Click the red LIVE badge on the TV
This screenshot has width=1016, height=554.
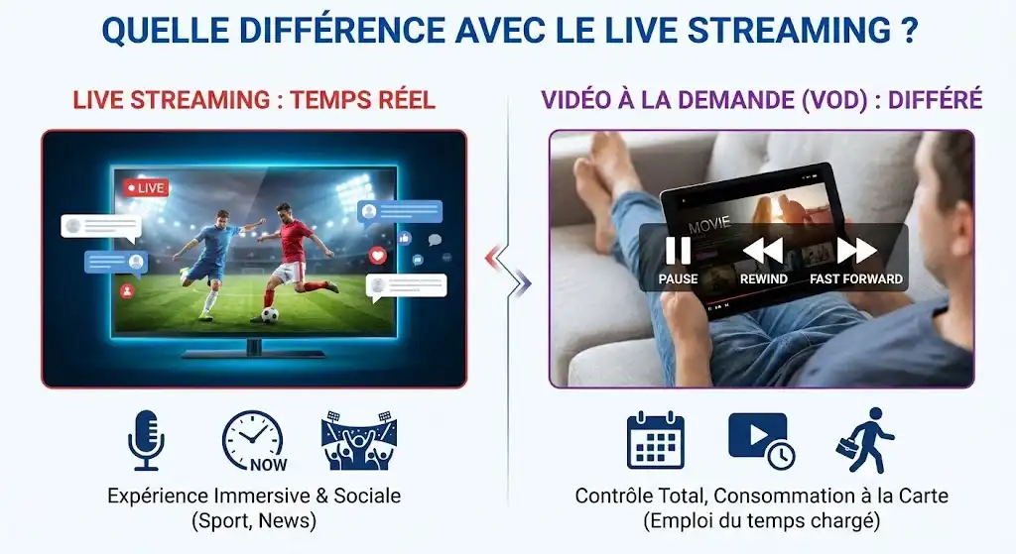tap(145, 187)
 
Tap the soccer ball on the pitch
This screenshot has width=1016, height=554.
tap(269, 315)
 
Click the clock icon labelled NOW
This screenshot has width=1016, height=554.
tap(252, 440)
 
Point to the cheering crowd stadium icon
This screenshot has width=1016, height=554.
tap(358, 440)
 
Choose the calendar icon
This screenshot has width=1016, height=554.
tap(656, 440)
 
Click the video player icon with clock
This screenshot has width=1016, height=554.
tap(760, 439)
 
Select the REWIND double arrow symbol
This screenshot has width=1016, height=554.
tap(763, 251)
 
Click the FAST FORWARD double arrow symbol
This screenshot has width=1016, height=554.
tap(856, 251)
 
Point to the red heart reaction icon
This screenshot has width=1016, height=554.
tap(377, 255)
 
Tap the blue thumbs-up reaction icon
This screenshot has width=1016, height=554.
tap(405, 238)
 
